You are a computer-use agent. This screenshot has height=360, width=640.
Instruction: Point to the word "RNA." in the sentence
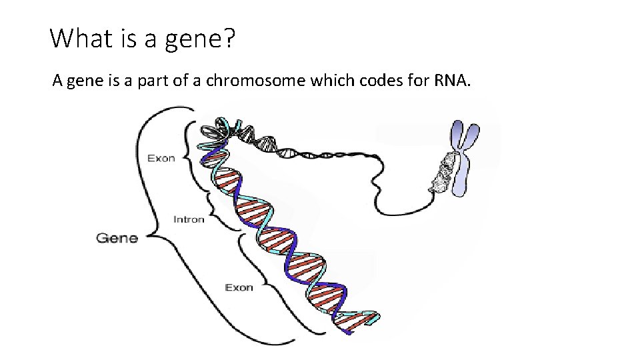[x=453, y=81]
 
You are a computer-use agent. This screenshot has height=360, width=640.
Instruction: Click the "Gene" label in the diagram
[x=117, y=238]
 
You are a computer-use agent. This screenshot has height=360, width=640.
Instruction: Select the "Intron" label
[x=189, y=219]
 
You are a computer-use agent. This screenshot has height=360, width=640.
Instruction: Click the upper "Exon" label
[x=161, y=158]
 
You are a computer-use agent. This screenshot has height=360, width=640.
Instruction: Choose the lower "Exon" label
[x=239, y=287]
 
